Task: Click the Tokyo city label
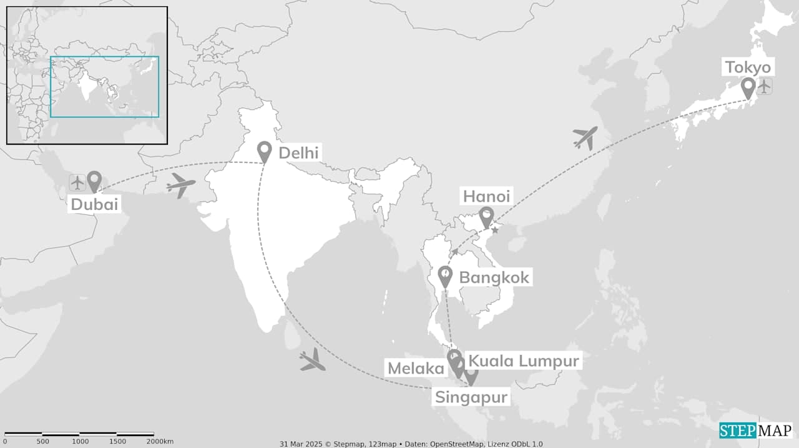(748, 67)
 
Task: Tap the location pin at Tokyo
(748, 87)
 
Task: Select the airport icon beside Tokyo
(765, 86)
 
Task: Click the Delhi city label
(298, 153)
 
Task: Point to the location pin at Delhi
(265, 151)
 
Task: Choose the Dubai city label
(94, 204)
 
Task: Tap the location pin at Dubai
(94, 181)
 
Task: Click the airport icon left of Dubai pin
(77, 183)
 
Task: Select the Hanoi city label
(486, 196)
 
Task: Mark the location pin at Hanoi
(486, 217)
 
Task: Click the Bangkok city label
(494, 277)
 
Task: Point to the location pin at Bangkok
(445, 276)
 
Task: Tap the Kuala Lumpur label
(524, 361)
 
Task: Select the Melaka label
(416, 368)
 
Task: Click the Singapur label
(471, 397)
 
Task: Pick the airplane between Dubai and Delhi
(181, 186)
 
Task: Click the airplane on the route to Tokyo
(585, 137)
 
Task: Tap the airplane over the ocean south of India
(312, 361)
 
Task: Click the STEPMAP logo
(755, 431)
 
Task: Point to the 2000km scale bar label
(160, 442)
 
